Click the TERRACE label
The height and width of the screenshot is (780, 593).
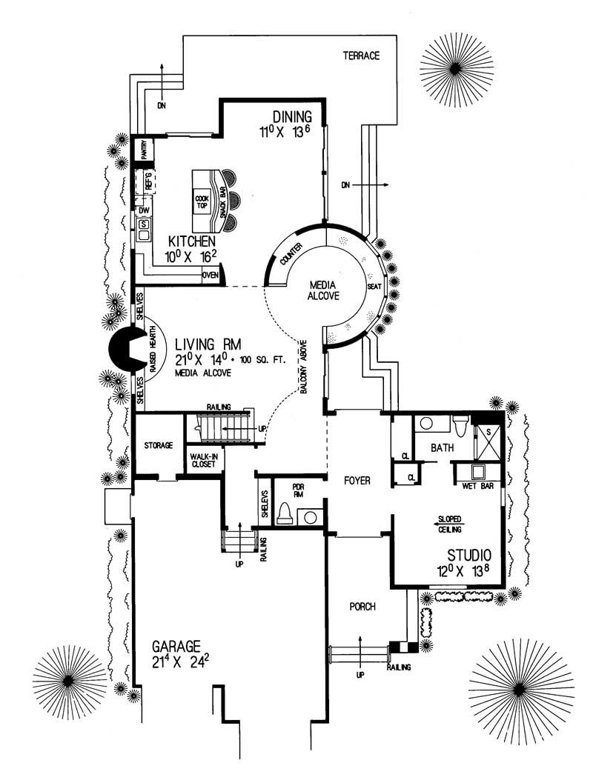coord(361,56)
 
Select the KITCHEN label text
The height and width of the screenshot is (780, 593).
coord(191,241)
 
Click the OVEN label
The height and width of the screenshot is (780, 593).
coord(211,276)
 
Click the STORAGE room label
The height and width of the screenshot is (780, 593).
coord(159,445)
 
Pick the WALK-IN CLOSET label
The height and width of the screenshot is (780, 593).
coord(204,461)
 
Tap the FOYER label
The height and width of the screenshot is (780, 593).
coord(357,481)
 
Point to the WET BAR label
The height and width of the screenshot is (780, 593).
coord(479,487)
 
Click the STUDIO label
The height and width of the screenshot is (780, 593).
coord(470,555)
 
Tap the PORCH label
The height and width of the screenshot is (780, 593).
coord(362,607)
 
